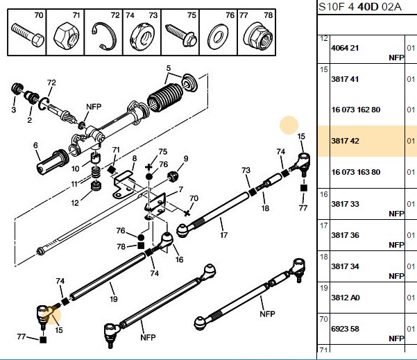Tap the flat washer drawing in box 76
[x=217, y=37]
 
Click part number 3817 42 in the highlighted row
[x=345, y=141]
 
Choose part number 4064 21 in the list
[x=345, y=48]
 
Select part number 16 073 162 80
[x=355, y=110]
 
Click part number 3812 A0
[x=346, y=298]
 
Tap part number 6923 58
[x=345, y=329]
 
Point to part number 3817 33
[x=345, y=204]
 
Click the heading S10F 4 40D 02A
[x=359, y=7]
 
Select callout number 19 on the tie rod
[x=114, y=299]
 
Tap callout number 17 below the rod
[x=223, y=235]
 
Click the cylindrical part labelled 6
[x=52, y=162]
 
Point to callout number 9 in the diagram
[x=186, y=159]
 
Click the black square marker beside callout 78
[x=141, y=246]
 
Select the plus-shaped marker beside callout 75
[x=148, y=167]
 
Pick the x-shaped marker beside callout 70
[x=187, y=213]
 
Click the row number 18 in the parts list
[x=323, y=257]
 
